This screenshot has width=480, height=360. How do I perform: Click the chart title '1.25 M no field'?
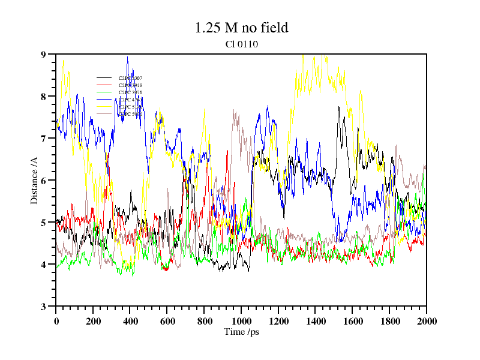tap(241, 28)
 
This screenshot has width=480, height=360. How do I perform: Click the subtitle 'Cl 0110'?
tap(241, 44)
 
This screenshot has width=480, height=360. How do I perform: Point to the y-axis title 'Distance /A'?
tap(35, 180)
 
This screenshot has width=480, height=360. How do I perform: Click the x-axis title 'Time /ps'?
tap(241, 332)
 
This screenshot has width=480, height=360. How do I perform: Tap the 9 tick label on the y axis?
tap(43, 55)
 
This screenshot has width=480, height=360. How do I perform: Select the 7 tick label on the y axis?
tap(43, 139)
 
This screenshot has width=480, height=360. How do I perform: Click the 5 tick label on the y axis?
tap(43, 223)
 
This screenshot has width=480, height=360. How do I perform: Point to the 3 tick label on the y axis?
tap(43, 307)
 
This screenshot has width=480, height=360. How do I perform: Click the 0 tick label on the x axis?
tap(56, 321)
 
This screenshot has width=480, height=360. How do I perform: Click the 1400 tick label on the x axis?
tap(315, 321)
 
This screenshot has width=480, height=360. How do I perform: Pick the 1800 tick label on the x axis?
tap(389, 321)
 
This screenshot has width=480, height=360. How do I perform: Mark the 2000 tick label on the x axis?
tap(427, 321)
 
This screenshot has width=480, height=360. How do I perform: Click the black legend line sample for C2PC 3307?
tap(104, 78)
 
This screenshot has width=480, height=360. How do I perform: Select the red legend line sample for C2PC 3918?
tap(104, 85)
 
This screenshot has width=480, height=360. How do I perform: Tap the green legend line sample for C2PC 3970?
tap(104, 92)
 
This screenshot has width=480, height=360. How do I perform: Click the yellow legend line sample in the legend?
tap(104, 107)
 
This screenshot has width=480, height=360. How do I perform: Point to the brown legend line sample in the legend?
tap(104, 114)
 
